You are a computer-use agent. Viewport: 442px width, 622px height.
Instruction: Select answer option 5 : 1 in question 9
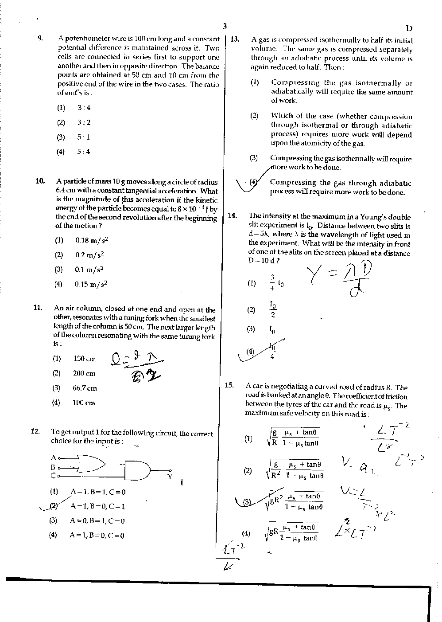click(x=83, y=137)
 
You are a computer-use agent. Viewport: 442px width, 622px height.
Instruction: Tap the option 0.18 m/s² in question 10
click(x=92, y=240)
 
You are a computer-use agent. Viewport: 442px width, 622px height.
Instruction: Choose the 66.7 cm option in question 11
click(x=85, y=388)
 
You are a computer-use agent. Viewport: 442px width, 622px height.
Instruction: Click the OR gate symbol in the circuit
click(x=90, y=463)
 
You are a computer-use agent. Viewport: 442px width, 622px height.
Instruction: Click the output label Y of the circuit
click(x=170, y=477)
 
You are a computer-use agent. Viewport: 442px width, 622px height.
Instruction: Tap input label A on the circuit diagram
click(x=53, y=458)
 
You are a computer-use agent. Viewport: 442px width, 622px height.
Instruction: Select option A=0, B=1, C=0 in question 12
click(x=97, y=521)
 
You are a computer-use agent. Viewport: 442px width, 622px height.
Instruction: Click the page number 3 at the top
click(x=225, y=26)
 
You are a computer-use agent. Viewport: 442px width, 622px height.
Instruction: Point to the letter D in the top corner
click(x=409, y=28)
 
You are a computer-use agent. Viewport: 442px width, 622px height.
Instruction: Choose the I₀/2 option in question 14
click(x=273, y=309)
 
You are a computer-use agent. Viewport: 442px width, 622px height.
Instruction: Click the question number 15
click(x=229, y=385)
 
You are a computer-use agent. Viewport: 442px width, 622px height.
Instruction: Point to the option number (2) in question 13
click(x=254, y=116)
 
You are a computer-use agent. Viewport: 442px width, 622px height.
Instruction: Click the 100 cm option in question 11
click(x=84, y=403)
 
